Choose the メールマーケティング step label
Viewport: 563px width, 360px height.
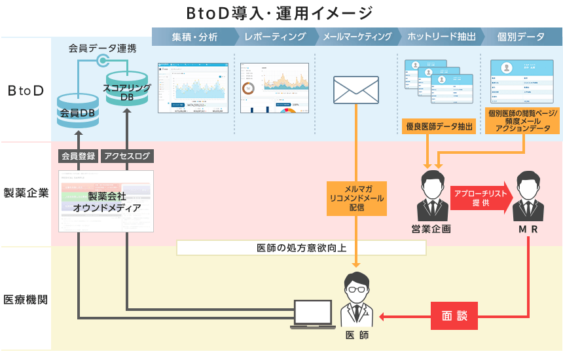[x=357, y=37]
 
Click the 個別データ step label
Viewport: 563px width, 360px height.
[x=520, y=37]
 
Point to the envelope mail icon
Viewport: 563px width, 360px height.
[x=355, y=90]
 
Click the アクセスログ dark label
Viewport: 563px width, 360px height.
[x=127, y=156]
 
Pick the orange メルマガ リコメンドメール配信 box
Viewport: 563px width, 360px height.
[x=357, y=197]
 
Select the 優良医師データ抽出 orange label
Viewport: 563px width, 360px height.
[x=439, y=127]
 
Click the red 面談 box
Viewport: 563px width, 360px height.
[x=454, y=315]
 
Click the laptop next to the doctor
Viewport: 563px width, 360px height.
[x=315, y=315]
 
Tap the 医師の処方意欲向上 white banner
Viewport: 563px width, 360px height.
[x=301, y=248]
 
